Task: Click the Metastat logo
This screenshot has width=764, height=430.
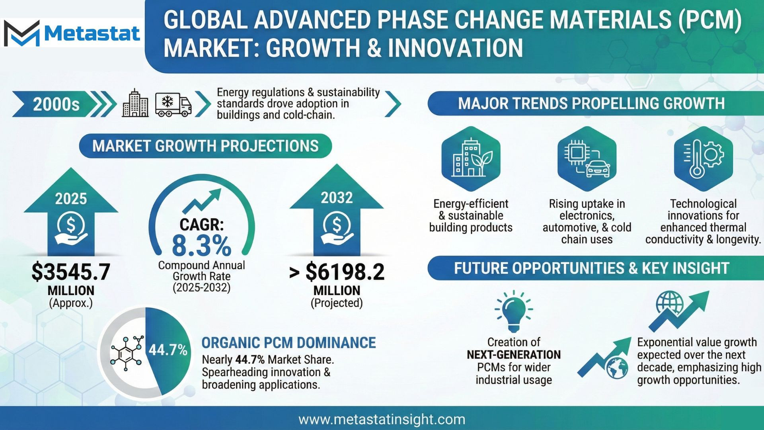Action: click(72, 33)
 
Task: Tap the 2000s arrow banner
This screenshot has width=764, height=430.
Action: click(64, 104)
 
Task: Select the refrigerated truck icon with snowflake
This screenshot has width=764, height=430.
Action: click(173, 105)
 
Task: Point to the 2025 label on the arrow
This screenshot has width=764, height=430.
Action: click(71, 199)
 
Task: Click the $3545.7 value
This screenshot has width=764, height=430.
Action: click(71, 272)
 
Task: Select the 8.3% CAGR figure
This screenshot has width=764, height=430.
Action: click(201, 245)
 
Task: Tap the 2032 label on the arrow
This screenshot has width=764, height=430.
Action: click(337, 198)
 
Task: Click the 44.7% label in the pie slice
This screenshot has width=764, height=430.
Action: click(168, 350)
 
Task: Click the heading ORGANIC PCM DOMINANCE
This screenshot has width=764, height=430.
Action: click(288, 343)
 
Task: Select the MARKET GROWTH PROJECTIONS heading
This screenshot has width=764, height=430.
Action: click(205, 146)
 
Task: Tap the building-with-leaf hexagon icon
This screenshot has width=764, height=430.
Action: click(471, 158)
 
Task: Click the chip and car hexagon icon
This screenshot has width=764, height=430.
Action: click(587, 158)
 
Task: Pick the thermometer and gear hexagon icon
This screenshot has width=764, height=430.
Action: click(703, 158)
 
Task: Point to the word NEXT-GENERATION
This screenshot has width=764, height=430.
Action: click(514, 355)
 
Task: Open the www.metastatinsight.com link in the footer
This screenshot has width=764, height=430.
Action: click(382, 419)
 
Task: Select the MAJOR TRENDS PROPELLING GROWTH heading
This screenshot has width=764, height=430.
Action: click(591, 104)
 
